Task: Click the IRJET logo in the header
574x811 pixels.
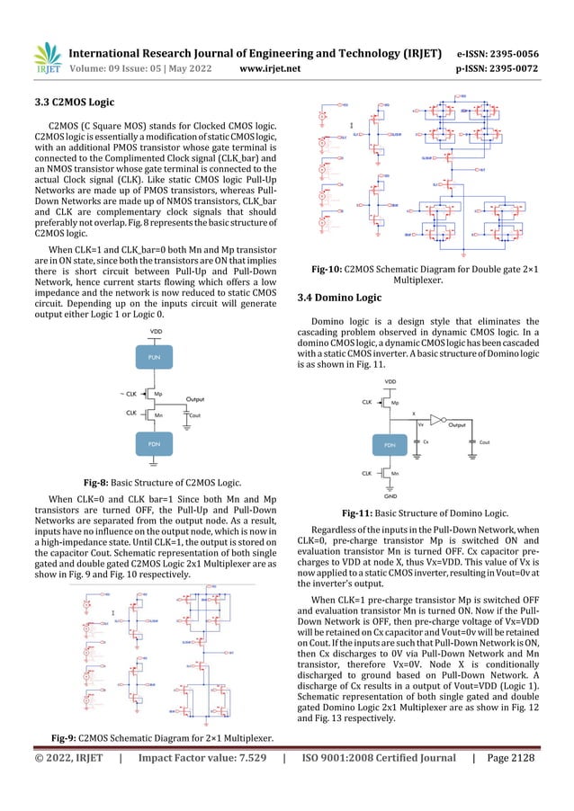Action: [45, 57]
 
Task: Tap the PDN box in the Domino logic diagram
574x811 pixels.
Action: [390, 445]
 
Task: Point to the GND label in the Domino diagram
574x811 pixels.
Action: [390, 495]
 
